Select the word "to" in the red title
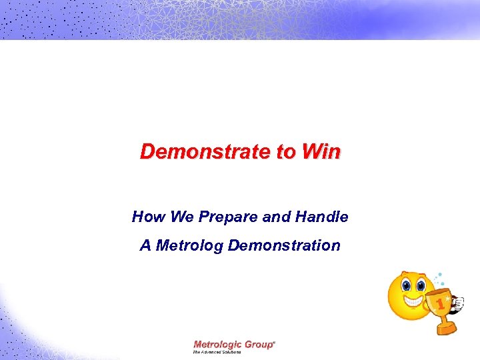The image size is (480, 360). [285, 152]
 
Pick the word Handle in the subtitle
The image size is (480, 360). [323, 217]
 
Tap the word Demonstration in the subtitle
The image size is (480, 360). [284, 245]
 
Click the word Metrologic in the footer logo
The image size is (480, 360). [215, 344]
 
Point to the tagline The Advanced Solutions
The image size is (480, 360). [217, 351]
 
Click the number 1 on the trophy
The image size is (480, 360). [440, 305]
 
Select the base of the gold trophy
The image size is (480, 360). [445, 327]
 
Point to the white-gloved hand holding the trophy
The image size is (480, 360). [457, 304]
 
